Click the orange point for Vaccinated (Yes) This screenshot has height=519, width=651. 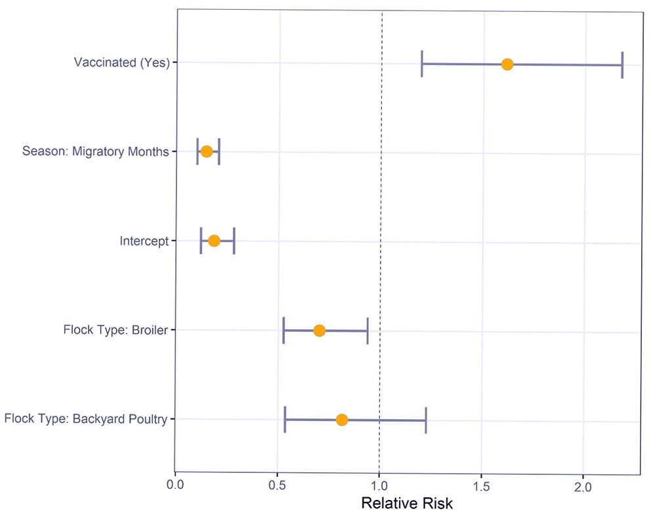coord(507,64)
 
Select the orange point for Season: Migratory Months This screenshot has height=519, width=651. coord(207,152)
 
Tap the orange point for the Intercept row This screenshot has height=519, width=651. coord(214,241)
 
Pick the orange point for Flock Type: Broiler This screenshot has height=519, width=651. coord(319,330)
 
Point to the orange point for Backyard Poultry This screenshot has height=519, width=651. coord(341,420)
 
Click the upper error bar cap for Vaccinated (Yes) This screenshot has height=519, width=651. coord(622,64)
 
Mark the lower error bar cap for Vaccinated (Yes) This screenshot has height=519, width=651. coord(422,64)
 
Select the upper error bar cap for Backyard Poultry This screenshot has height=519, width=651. coord(426,420)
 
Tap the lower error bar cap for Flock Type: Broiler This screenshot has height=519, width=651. coord(283,330)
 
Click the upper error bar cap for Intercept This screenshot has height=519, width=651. coord(234,241)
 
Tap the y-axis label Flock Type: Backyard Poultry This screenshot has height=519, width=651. coord(85,419)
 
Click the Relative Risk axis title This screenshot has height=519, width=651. coord(407,505)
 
